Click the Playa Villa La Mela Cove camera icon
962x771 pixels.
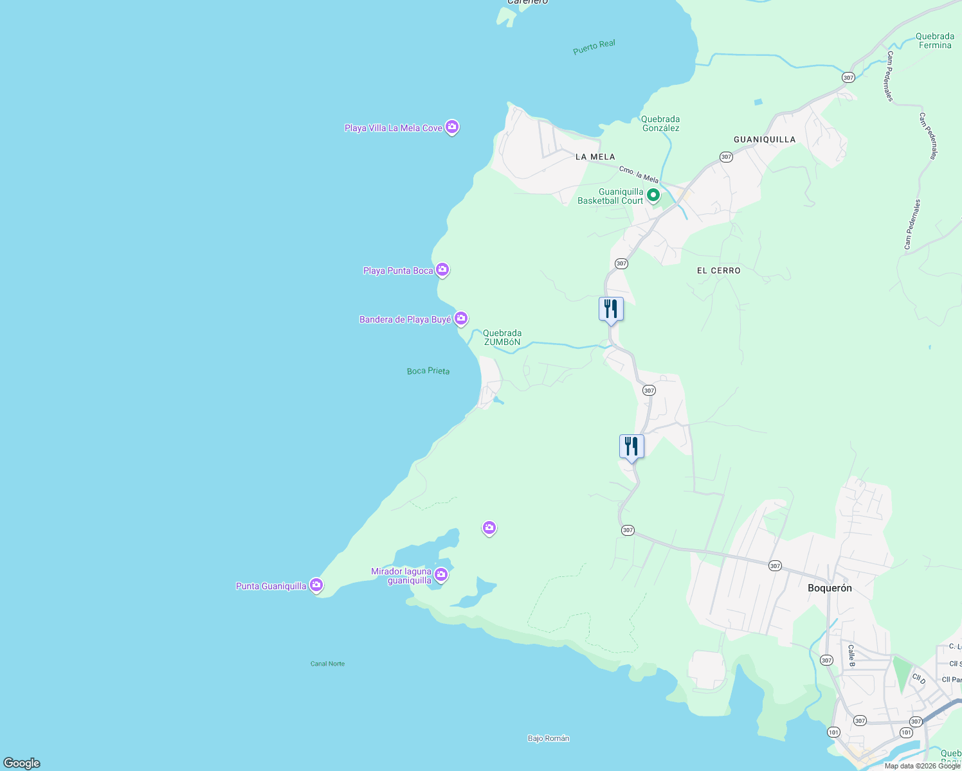452,127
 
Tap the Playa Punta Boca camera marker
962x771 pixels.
442,270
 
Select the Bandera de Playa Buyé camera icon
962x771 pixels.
461,318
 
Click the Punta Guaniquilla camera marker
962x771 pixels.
316,585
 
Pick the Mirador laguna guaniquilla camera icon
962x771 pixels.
441,574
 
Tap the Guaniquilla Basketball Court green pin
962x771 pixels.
653,195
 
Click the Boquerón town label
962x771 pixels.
830,588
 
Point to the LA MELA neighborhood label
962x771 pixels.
595,157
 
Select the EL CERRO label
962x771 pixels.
718,270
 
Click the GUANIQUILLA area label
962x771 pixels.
765,139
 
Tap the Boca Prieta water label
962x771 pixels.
428,371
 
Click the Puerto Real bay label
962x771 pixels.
594,47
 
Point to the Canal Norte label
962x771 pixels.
327,664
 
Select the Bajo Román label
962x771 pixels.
549,738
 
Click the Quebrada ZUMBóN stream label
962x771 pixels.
502,338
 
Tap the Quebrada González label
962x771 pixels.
660,123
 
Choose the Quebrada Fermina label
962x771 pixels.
934,40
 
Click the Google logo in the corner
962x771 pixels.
22,763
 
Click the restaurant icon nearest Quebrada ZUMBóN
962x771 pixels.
611,309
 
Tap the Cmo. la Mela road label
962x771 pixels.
639,174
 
